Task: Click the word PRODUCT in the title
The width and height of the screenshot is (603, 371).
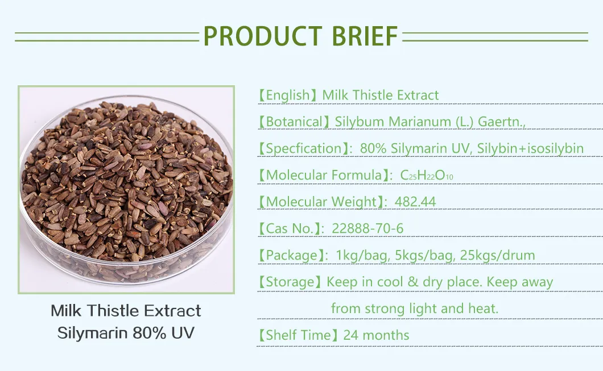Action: point(263,36)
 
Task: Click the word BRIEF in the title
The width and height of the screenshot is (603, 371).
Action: point(365,36)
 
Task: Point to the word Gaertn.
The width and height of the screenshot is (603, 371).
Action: point(502,122)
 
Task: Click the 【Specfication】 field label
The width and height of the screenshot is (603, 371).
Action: point(304,149)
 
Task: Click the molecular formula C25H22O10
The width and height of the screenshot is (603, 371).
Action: point(427,175)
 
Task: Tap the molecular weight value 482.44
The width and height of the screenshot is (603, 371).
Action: point(415,202)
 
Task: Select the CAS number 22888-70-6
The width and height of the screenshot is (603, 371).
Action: point(367,228)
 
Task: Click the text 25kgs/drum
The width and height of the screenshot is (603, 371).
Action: point(497,255)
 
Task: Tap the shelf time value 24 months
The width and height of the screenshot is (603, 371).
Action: point(376,335)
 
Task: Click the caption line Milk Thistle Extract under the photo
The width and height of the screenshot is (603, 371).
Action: point(126,311)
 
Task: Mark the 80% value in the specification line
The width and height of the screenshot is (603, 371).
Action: point(373,149)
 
